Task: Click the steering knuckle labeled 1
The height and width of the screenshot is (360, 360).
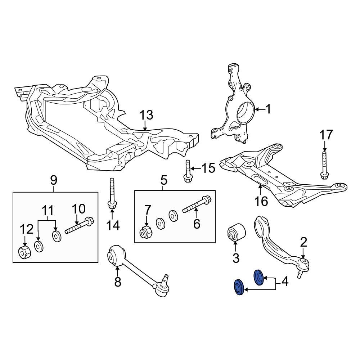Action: (x=236, y=108)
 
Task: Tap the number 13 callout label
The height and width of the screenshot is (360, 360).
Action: (x=146, y=116)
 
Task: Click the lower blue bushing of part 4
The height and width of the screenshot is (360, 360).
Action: (x=239, y=288)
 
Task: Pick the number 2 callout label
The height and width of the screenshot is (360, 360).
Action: (x=303, y=242)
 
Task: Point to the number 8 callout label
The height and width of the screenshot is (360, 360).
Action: (x=118, y=282)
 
